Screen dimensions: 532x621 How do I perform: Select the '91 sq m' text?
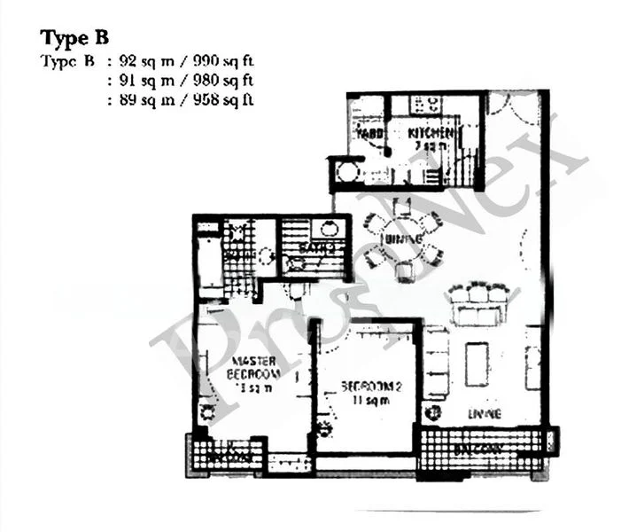[x=136, y=81]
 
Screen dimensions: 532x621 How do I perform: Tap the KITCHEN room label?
[x=431, y=133]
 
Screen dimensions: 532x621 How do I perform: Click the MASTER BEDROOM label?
[x=255, y=368]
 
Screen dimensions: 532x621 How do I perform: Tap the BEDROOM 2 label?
[x=366, y=387]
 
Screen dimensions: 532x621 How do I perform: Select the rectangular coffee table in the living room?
[x=477, y=364]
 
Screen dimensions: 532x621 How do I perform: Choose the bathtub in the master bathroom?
[x=209, y=262]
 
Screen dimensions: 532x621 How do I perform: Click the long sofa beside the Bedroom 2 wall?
[x=436, y=364]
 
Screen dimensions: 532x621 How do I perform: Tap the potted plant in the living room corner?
[x=433, y=413]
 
